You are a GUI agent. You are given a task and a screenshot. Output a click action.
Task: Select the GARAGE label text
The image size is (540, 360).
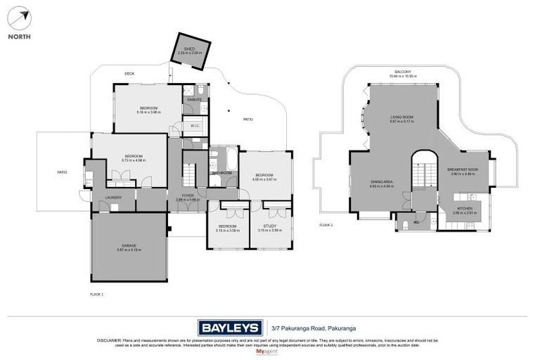coord(129,245)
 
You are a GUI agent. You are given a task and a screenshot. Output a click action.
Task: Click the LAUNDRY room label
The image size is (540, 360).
coord(113,198)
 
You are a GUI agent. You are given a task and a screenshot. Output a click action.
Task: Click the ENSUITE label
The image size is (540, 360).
coord(195,100)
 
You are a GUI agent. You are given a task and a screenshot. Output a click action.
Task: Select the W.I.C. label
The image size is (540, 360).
coord(195,126)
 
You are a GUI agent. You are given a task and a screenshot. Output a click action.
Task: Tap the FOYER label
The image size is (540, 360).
coord(188,195)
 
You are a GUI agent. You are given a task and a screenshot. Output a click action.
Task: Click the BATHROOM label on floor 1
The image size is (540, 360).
coord(222,172)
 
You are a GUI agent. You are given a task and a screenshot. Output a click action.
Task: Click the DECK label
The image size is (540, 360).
coord(129,73)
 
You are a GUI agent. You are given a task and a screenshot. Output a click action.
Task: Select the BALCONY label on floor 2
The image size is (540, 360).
coord(401,72)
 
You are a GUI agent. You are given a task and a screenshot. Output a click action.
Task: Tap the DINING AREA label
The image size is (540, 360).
coord(382,182)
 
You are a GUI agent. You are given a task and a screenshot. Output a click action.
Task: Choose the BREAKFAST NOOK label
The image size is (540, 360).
coord(463,169)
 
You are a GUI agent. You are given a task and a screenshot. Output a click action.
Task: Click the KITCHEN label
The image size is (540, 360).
coord(465,208)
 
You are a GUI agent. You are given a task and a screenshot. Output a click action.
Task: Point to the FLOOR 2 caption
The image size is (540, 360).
coord(326,225)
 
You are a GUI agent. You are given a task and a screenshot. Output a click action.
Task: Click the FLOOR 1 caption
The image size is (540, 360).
coord(97,294)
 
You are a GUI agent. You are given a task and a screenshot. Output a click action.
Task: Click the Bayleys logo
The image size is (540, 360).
coord(229,327)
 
